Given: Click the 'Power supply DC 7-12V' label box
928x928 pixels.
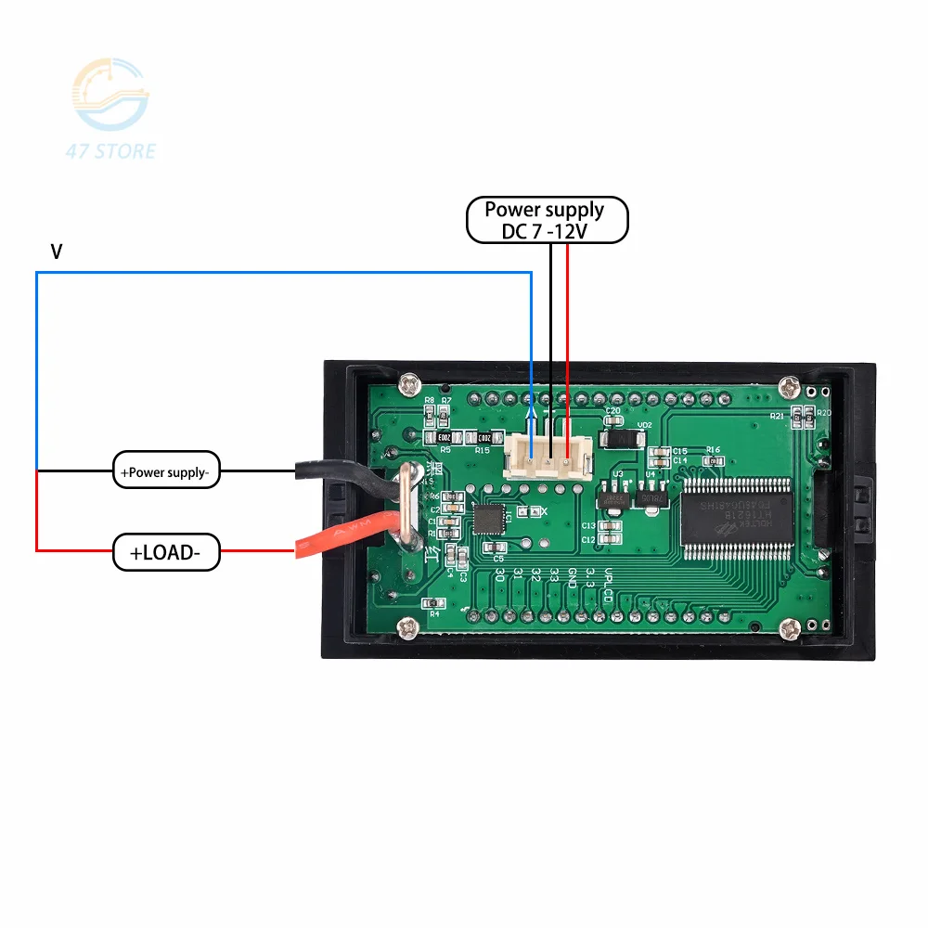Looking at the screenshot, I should (547, 221).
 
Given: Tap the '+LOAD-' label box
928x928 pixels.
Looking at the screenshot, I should (167, 553).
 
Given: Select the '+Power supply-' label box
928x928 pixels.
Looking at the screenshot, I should (166, 471).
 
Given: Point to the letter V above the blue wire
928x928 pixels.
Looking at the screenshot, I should (57, 251).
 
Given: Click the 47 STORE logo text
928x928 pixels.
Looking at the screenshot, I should (112, 151).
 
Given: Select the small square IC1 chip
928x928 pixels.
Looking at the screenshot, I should (492, 519).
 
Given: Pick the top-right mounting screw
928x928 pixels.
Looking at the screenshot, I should (790, 383).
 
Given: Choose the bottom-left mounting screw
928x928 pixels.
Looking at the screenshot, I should (407, 629).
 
